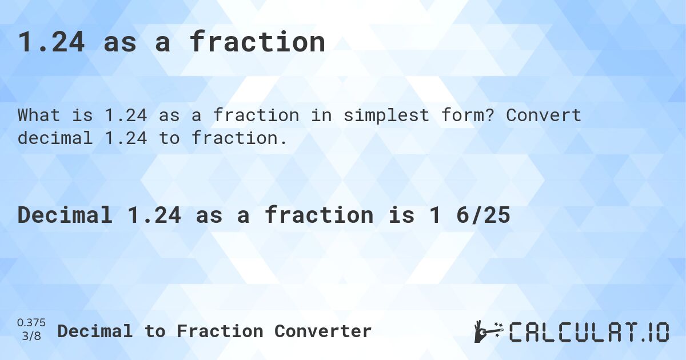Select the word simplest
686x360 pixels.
(367, 115)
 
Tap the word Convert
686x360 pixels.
(544, 115)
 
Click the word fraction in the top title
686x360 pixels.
(257, 42)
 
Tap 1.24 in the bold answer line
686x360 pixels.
(154, 215)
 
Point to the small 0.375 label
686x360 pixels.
(31, 323)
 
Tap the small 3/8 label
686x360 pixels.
(31, 337)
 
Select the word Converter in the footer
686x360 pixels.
(323, 331)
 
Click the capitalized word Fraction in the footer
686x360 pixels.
(220, 331)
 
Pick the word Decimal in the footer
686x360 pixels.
(95, 331)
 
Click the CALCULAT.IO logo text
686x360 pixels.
(589, 332)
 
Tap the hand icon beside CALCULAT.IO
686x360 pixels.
(487, 331)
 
